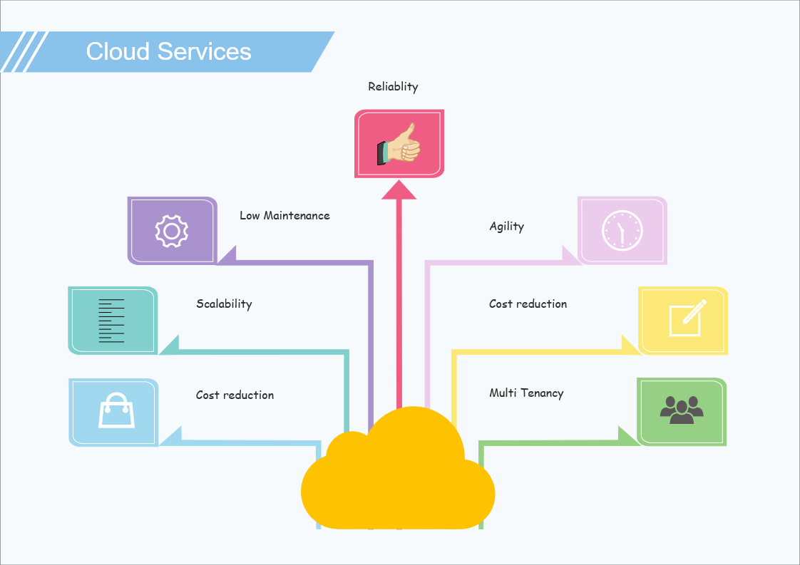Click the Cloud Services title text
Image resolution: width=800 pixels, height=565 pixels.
coord(168,51)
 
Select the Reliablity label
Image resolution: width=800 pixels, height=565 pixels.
coord(393,87)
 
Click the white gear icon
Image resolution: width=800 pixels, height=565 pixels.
coord(171,231)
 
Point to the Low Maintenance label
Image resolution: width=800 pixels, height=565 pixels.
coord(284,215)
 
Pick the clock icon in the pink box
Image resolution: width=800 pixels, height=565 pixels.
coord(622,230)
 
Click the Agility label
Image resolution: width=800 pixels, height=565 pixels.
coord(506,227)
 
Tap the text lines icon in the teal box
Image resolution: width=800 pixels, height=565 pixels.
coord(111,321)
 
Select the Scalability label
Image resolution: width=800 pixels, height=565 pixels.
coord(224,304)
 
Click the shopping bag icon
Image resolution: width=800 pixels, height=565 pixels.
coord(116,410)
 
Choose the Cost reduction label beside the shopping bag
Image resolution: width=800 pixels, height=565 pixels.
coord(235,395)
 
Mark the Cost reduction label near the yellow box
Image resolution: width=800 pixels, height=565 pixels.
coord(528,304)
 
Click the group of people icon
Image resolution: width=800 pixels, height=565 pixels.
coord(682,410)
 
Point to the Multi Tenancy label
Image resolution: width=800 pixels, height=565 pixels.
coord(526,393)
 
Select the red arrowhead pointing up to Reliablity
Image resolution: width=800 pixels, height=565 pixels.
coord(399,190)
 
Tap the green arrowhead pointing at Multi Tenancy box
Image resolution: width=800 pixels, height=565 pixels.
coord(628,435)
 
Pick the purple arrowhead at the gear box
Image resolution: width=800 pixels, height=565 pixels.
coord(227,255)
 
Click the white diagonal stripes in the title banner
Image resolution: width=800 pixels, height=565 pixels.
coord(24,51)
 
